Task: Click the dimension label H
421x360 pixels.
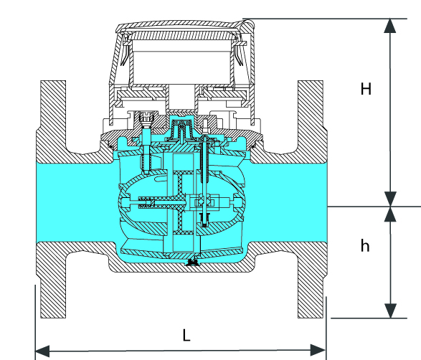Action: pos(366,89)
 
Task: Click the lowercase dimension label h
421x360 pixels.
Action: pos(365,245)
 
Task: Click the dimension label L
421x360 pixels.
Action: pos(186,335)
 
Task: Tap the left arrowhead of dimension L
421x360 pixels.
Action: pos(42,351)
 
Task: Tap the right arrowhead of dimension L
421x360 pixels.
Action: pos(318,350)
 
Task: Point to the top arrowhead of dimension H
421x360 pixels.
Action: pos(390,26)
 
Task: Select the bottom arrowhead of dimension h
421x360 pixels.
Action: pos(390,311)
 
